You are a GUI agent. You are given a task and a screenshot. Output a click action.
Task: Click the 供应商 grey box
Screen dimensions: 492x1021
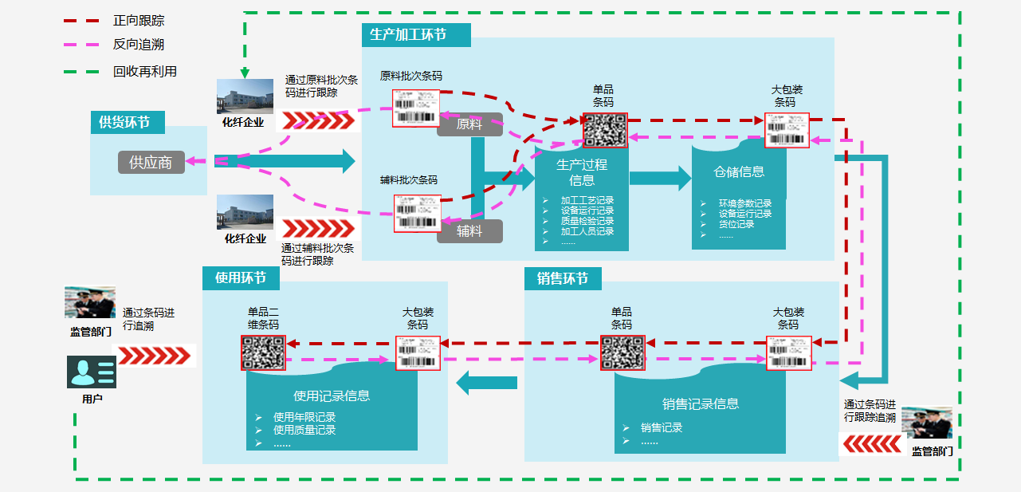pyautogui.click(x=151, y=162)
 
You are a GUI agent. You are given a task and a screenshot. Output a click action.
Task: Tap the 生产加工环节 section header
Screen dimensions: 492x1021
pyautogui.click(x=408, y=35)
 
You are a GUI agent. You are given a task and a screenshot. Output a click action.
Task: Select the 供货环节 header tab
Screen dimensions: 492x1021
pyautogui.click(x=124, y=122)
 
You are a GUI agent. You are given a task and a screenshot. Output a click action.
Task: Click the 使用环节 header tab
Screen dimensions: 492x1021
pyautogui.click(x=240, y=278)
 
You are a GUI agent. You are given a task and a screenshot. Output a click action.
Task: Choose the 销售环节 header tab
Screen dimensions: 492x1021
pyautogui.click(x=563, y=278)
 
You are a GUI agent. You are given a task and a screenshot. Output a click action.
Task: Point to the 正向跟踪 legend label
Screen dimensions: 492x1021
pyautogui.click(x=139, y=21)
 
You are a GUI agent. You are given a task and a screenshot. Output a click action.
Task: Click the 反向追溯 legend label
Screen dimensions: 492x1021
pyautogui.click(x=139, y=45)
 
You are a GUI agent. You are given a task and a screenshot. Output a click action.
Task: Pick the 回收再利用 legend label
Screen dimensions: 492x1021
pyautogui.click(x=145, y=71)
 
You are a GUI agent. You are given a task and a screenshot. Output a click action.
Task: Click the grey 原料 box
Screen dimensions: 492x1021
pyautogui.click(x=469, y=124)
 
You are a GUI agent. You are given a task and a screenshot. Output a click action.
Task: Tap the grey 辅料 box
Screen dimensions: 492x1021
pyautogui.click(x=469, y=231)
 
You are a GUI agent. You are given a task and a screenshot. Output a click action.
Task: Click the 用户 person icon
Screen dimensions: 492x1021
pyautogui.click(x=92, y=372)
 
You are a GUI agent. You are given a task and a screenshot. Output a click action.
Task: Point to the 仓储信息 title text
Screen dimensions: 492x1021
pyautogui.click(x=739, y=171)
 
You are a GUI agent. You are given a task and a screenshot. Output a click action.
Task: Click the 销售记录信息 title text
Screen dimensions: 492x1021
pyautogui.click(x=701, y=403)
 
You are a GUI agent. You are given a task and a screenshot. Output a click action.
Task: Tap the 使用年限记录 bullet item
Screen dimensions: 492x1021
pyautogui.click(x=304, y=417)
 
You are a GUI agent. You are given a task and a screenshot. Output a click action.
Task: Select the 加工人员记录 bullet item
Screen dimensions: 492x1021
pyautogui.click(x=587, y=231)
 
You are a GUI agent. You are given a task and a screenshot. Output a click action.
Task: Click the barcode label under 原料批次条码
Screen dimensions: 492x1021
pyautogui.click(x=416, y=108)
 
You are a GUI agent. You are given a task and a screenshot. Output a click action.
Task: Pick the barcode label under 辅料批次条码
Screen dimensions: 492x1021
pyautogui.click(x=417, y=213)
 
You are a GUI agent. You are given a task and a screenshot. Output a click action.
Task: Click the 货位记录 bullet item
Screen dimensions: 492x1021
pyautogui.click(x=736, y=224)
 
